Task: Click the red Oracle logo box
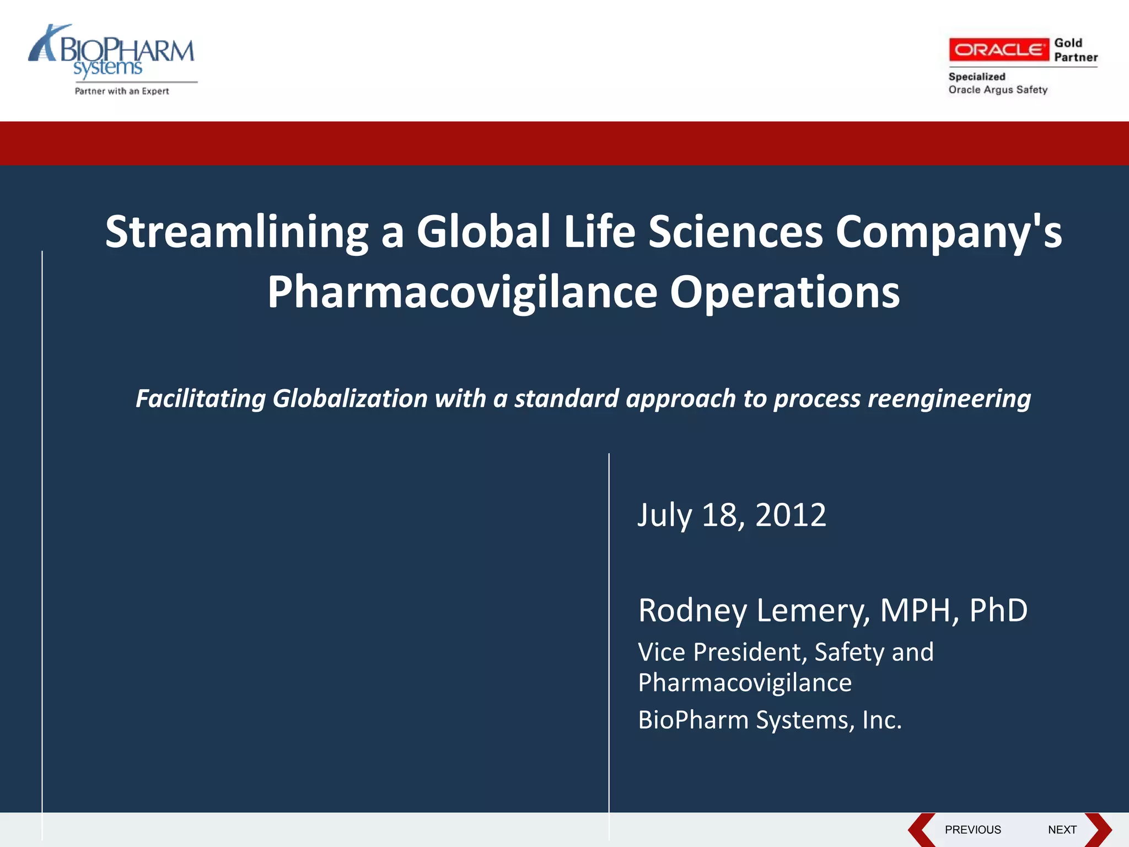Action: click(x=998, y=50)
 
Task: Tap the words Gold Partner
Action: click(x=1075, y=50)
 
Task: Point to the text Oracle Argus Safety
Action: click(x=998, y=90)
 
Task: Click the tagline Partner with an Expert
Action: click(x=122, y=92)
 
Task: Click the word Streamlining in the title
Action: click(x=236, y=232)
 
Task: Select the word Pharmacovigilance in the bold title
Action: click(x=462, y=292)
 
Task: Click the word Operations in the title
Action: click(x=784, y=292)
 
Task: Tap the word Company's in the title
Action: click(x=948, y=232)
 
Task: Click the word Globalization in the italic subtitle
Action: click(x=350, y=399)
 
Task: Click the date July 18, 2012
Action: click(x=732, y=515)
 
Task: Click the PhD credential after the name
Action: click(x=998, y=610)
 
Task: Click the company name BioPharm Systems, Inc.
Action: click(x=770, y=720)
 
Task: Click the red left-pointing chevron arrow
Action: click(x=922, y=829)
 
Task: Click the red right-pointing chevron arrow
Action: click(x=1098, y=829)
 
